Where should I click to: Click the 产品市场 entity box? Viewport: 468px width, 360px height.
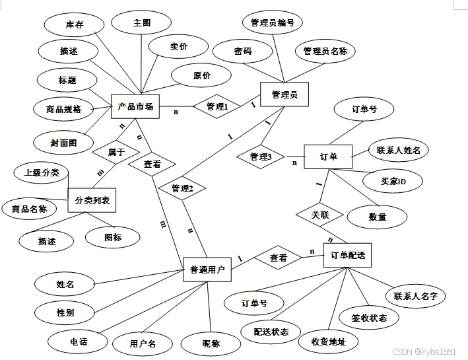[135, 106]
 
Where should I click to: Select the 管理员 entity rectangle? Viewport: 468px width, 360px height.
[284, 95]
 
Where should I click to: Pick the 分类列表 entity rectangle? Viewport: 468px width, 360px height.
[92, 199]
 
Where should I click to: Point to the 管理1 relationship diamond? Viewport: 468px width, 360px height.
[217, 106]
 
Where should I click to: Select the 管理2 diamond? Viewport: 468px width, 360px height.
[182, 188]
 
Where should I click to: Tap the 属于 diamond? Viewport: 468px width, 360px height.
[116, 152]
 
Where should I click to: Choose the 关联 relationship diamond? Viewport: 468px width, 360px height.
[320, 215]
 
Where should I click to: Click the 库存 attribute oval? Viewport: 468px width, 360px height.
[74, 24]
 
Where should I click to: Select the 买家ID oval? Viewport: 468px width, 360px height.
[393, 181]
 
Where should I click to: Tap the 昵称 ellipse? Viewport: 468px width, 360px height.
[211, 343]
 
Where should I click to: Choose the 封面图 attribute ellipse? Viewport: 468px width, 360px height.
[63, 141]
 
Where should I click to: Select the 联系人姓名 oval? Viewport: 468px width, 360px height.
[399, 150]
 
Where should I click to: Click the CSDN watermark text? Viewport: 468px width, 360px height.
[424, 352]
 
